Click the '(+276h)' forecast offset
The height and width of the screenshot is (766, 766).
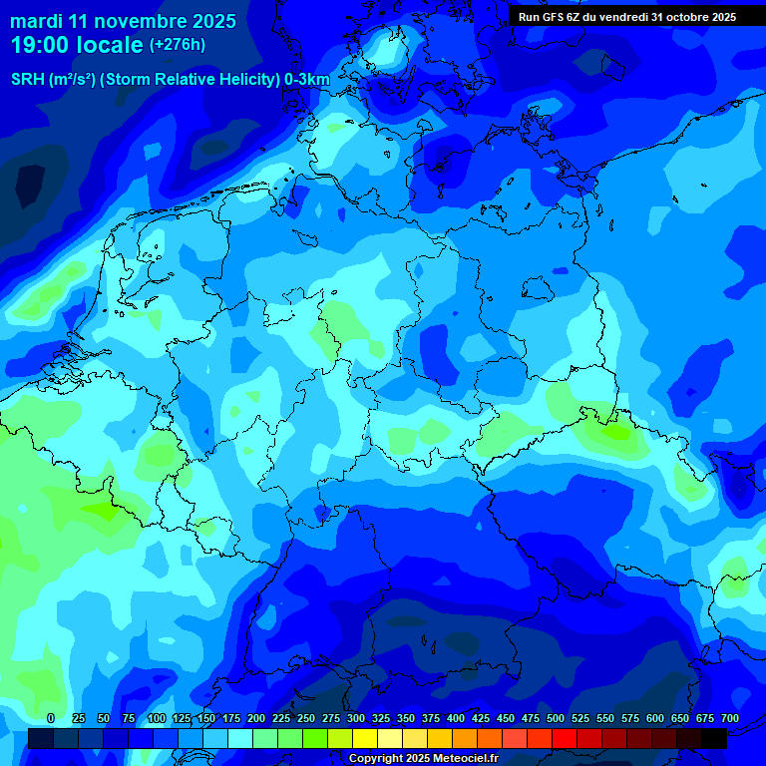(178, 45)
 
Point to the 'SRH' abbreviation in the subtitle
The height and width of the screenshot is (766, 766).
(27, 80)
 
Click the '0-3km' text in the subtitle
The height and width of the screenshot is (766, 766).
(307, 80)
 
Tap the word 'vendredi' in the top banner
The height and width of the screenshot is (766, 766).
(621, 16)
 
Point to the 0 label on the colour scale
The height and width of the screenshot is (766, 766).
(51, 718)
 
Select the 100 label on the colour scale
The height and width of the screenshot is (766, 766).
(156, 718)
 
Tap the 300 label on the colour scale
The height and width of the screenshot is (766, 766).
(355, 718)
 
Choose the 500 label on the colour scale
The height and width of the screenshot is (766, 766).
(555, 718)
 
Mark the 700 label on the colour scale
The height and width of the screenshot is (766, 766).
(729, 718)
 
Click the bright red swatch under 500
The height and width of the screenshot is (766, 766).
(565, 738)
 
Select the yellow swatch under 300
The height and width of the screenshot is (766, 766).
(365, 738)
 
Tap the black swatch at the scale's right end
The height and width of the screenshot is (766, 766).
(714, 738)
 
